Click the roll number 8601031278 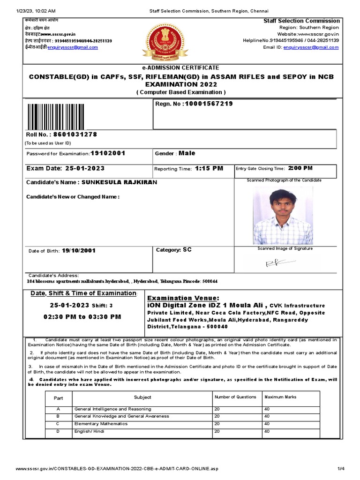pos(75,135)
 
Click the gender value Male pos(187,153)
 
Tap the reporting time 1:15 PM pos(209,168)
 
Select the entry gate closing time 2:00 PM pos(300,168)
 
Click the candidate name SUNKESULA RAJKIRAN pos(120,182)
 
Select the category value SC pos(187,250)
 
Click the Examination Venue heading pos(183,298)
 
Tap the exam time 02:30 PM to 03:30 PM pos(82,317)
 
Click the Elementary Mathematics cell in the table pos(101,424)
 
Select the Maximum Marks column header pos(280,397)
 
